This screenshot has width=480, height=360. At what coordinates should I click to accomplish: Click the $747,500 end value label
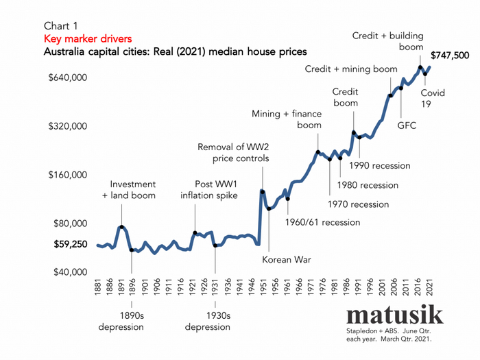[450, 55]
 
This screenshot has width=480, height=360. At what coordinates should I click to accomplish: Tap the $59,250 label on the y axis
[71, 243]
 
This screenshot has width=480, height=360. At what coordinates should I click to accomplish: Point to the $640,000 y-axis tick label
[67, 77]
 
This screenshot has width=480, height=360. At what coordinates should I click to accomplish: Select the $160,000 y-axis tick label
[67, 174]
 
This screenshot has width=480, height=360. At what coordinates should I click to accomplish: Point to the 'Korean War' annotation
[285, 259]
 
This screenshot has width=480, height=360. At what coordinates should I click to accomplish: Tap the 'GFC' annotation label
[407, 125]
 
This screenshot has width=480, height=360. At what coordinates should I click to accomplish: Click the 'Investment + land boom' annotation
[133, 190]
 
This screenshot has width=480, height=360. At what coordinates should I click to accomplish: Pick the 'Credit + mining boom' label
[351, 69]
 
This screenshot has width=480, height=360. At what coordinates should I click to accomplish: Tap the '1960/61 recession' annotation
[322, 222]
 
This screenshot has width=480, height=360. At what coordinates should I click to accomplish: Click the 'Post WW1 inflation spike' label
[209, 190]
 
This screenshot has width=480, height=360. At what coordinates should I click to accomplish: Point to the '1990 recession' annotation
[380, 165]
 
